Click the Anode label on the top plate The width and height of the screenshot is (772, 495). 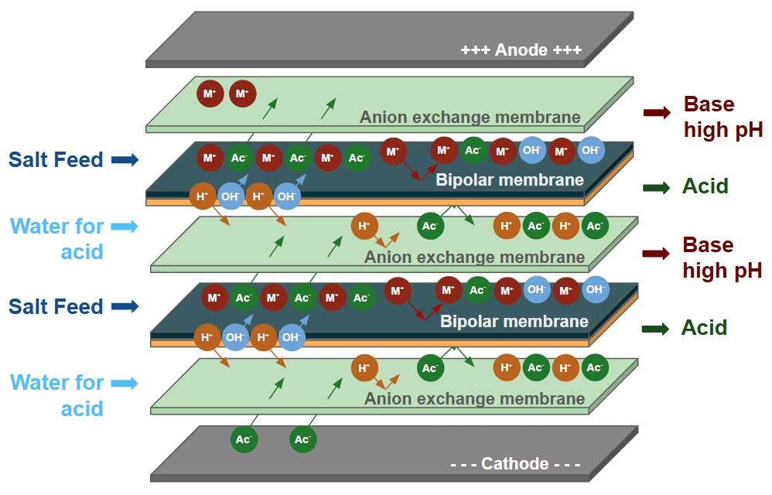521,51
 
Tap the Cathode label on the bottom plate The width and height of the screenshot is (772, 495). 515,464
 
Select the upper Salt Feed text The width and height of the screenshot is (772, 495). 56,160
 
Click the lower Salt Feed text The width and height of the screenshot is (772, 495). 56,306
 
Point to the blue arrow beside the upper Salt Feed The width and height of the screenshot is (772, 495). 125,160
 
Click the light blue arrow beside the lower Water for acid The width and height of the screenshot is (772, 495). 125,383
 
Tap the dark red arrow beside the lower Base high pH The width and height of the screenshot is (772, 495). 656,254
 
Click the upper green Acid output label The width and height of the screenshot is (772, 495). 705,186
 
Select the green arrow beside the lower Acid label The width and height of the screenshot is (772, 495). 656,328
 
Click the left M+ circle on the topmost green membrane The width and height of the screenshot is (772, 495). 209,94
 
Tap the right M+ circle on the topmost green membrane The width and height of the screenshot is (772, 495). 242,94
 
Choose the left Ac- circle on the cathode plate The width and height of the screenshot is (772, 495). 243,440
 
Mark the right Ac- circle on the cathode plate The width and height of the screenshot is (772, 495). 302,440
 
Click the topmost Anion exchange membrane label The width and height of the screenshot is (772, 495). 470,118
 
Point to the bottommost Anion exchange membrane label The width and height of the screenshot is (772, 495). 474,399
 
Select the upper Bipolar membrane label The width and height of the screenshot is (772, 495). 509,180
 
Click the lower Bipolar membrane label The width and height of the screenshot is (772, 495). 514,321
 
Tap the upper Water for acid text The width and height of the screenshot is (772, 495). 58,238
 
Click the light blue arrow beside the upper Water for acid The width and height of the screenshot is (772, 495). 125,227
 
